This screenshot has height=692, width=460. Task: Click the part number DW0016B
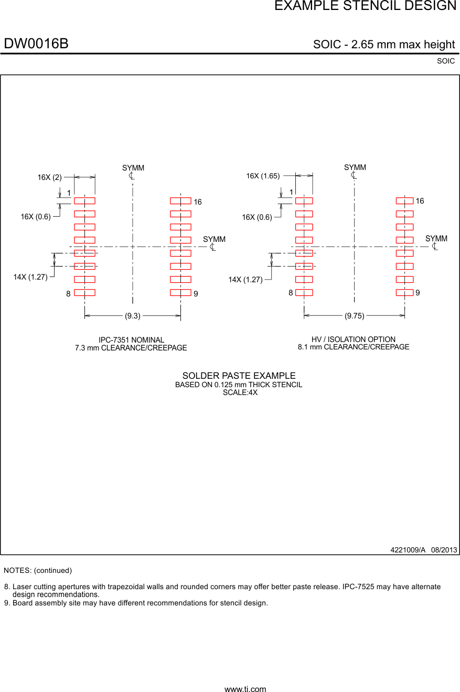36,44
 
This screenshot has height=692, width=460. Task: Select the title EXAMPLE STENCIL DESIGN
365,6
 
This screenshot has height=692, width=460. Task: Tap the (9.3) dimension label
132,316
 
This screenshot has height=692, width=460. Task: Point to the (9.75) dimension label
354,316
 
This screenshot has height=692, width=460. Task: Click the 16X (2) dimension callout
49,177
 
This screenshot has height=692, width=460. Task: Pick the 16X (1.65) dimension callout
263,176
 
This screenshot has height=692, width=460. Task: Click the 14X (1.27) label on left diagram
30,277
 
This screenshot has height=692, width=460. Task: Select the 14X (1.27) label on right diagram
245,280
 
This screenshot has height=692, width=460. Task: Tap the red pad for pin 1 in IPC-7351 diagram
84,200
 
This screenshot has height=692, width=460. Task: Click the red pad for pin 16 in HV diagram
404,200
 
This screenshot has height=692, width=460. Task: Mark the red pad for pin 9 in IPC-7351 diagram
180,293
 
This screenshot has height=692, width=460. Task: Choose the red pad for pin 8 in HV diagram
304,293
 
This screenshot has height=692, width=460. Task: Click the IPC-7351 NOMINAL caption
131,340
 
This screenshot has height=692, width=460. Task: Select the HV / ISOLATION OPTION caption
354,339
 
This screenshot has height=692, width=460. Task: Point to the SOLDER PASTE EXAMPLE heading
239,376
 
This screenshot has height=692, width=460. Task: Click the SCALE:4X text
240,392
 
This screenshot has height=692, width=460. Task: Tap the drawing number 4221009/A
408,550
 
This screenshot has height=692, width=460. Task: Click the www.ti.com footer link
245,689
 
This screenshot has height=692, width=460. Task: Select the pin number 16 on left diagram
198,202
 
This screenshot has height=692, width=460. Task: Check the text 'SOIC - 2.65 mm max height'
383,45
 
